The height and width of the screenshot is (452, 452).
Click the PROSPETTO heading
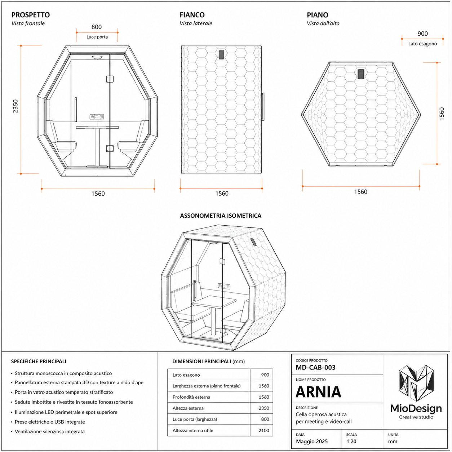point(31,15)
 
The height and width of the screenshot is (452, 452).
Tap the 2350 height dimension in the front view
point(15,106)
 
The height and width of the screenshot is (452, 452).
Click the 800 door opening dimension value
point(97,27)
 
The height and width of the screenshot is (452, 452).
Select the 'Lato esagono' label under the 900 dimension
point(422,44)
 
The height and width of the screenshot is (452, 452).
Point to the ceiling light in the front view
point(97,57)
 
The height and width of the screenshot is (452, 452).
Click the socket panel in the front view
point(97,116)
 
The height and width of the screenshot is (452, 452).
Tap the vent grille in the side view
point(221,54)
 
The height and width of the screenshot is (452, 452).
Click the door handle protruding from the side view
point(263,107)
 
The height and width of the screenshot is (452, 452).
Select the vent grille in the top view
point(361,74)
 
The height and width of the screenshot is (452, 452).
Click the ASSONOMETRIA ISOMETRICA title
point(221,216)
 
